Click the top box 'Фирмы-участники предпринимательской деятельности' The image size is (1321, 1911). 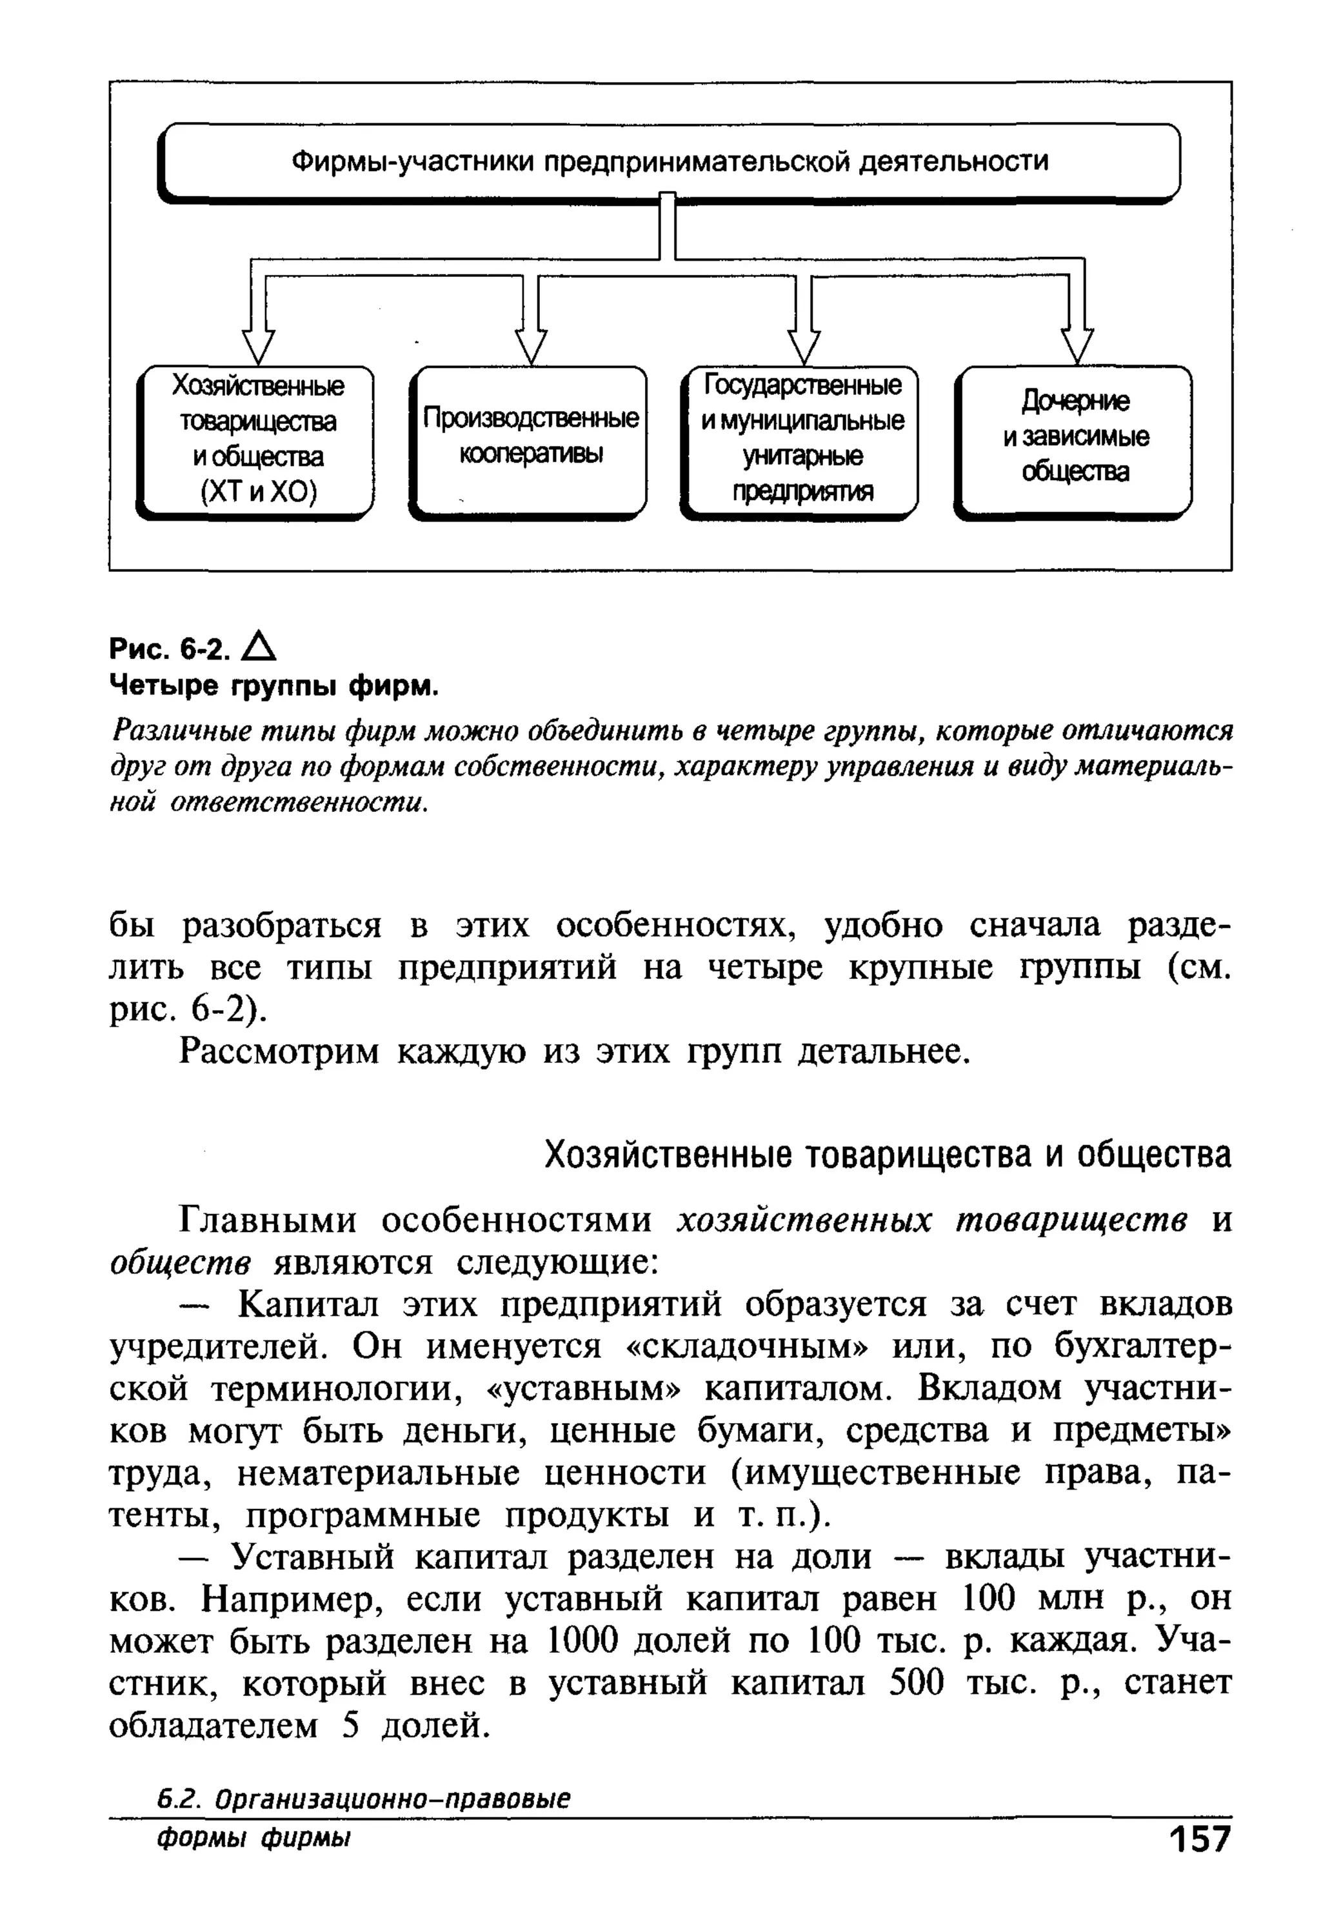[669, 161]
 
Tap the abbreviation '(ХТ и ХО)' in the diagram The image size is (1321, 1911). [257, 492]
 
